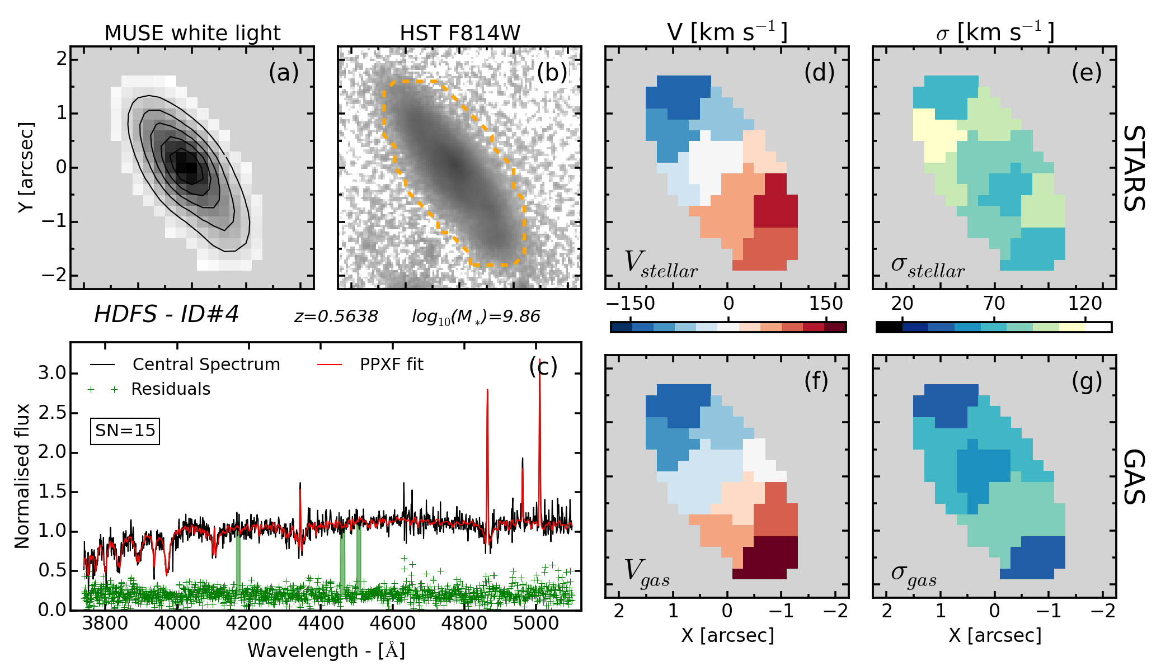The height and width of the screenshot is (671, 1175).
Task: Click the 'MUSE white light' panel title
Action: pyautogui.click(x=192, y=34)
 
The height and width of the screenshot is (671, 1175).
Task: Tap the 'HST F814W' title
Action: pyautogui.click(x=460, y=34)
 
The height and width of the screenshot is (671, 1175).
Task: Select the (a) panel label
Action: pyautogui.click(x=284, y=73)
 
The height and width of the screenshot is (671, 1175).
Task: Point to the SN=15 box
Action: pyautogui.click(x=125, y=431)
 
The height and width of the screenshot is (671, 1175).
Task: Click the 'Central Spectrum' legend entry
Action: pyautogui.click(x=206, y=365)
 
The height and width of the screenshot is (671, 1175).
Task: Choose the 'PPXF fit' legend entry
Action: pyautogui.click(x=391, y=365)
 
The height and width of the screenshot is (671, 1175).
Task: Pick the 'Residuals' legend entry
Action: pyautogui.click(x=171, y=389)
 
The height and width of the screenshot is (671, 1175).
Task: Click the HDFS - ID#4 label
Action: pyautogui.click(x=166, y=314)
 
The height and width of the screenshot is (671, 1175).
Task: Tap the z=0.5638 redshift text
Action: pyautogui.click(x=336, y=316)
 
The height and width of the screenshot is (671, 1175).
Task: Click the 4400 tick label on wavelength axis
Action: pyautogui.click(x=321, y=623)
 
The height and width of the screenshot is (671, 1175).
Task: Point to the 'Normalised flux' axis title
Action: pyautogui.click(x=22, y=476)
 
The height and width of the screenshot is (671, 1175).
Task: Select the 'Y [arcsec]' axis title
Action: pyautogui.click(x=26, y=167)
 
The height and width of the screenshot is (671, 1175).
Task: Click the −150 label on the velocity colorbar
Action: pyautogui.click(x=631, y=304)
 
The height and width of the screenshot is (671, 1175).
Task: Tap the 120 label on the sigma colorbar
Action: pyautogui.click(x=1084, y=304)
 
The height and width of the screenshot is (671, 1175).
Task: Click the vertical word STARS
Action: pyautogui.click(x=1135, y=168)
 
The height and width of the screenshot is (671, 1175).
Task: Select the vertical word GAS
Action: pyautogui.click(x=1135, y=476)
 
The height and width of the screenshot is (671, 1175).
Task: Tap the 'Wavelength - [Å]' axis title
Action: pyautogui.click(x=326, y=650)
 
